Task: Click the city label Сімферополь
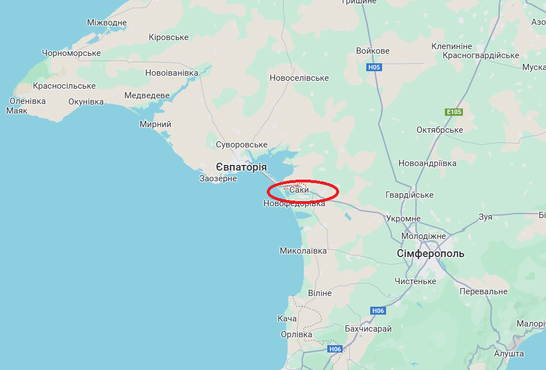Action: pos(431,254)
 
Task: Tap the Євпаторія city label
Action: pos(241,167)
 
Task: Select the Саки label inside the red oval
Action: pos(299,190)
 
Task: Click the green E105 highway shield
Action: pos(454,112)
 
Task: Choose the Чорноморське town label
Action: pos(71,53)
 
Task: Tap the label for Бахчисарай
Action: pos(368,329)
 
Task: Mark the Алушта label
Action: pos(509,354)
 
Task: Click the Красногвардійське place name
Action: pos(480,55)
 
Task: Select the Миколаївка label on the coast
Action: pos(304,250)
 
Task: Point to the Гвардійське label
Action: pos(409,195)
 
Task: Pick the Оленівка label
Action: pos(27,101)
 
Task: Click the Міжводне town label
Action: pos(107,23)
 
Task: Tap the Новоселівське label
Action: pos(299,78)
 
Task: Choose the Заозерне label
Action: pos(218,179)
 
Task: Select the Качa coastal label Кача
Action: pos(287,319)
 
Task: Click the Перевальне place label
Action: pos(483,291)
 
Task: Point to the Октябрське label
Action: pos(440,130)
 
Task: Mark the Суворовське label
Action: pos(241,145)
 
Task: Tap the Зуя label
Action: pos(485,217)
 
